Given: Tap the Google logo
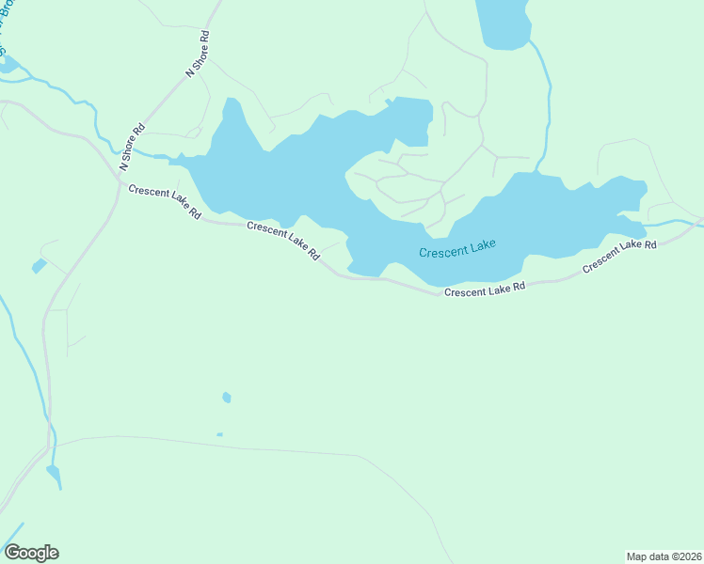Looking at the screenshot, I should (31, 553).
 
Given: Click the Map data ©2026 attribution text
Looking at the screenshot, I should (664, 556).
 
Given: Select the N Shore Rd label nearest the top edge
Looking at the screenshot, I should (199, 53).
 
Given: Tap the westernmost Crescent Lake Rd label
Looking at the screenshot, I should (166, 201).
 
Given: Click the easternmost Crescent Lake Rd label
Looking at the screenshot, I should (618, 257).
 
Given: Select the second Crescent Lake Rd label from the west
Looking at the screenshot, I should (283, 241).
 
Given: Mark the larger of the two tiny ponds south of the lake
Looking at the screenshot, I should (227, 398).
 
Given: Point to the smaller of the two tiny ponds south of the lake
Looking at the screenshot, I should (219, 434).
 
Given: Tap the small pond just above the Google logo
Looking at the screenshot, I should (53, 476).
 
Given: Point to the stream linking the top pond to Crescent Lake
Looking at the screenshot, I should (544, 103).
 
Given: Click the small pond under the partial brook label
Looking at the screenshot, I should (8, 65).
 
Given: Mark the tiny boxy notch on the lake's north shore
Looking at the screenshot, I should (388, 102).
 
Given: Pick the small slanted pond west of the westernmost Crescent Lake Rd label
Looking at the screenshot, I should (39, 267).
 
